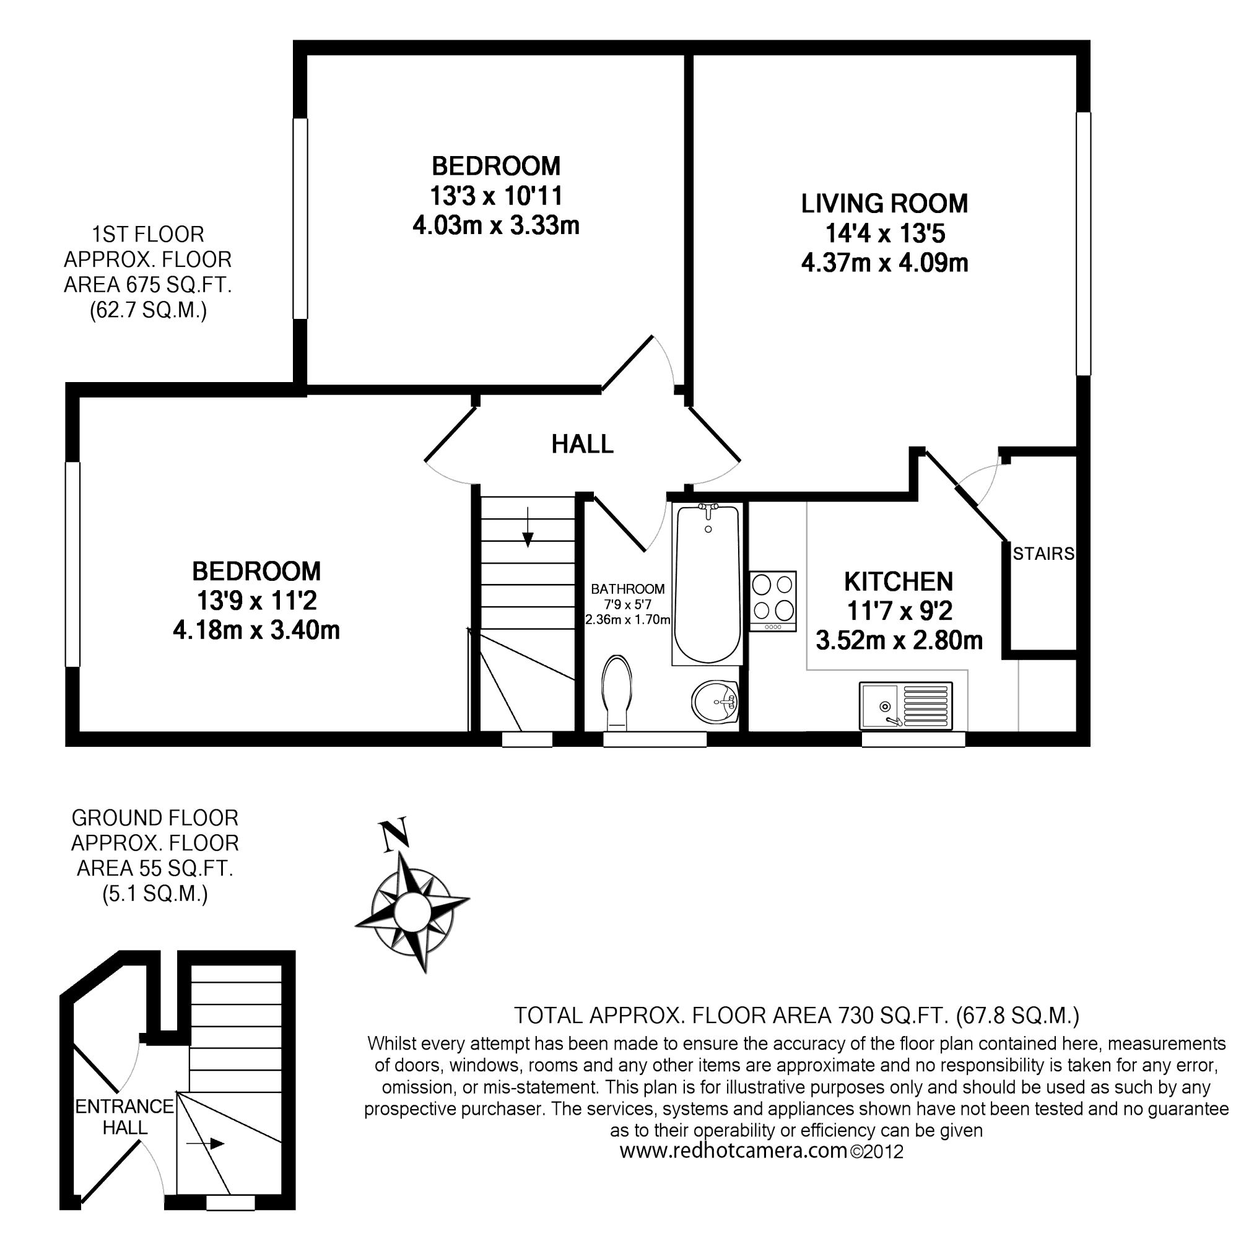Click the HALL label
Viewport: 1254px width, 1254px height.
tap(582, 445)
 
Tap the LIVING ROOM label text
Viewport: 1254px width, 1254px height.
tap(885, 204)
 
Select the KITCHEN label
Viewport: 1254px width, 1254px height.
tap(899, 581)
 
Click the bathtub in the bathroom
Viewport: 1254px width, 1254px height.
tap(707, 584)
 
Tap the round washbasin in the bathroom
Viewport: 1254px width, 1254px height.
tap(715, 702)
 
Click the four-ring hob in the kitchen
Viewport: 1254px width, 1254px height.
tap(773, 601)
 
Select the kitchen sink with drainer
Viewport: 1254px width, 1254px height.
tap(905, 705)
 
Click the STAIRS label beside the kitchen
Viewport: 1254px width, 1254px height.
tap(1043, 554)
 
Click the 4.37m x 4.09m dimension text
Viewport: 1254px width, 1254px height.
tap(885, 264)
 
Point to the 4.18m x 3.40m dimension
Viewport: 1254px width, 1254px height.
tap(256, 630)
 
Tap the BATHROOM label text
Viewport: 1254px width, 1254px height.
tap(628, 590)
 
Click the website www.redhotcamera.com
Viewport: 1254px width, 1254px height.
tap(733, 1169)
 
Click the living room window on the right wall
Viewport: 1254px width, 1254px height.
tap(1083, 244)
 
